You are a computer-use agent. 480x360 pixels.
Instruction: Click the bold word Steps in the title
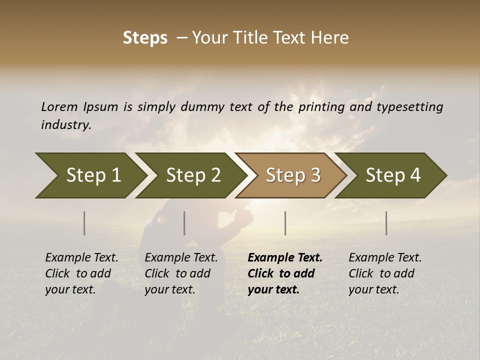145,38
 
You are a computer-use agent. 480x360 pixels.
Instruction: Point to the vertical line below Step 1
84,223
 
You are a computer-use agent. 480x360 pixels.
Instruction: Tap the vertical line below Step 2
184,223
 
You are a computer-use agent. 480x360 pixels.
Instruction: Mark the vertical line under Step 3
285,223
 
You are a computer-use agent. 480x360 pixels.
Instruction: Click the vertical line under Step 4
386,223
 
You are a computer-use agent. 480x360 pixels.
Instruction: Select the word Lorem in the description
59,107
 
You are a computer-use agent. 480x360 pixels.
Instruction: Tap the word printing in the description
321,107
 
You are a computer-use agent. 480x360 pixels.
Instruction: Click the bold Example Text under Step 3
285,258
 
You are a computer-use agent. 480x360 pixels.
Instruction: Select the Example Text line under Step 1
81,258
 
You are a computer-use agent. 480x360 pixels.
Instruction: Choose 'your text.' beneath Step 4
374,289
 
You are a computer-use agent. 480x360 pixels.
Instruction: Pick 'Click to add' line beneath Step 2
177,273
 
